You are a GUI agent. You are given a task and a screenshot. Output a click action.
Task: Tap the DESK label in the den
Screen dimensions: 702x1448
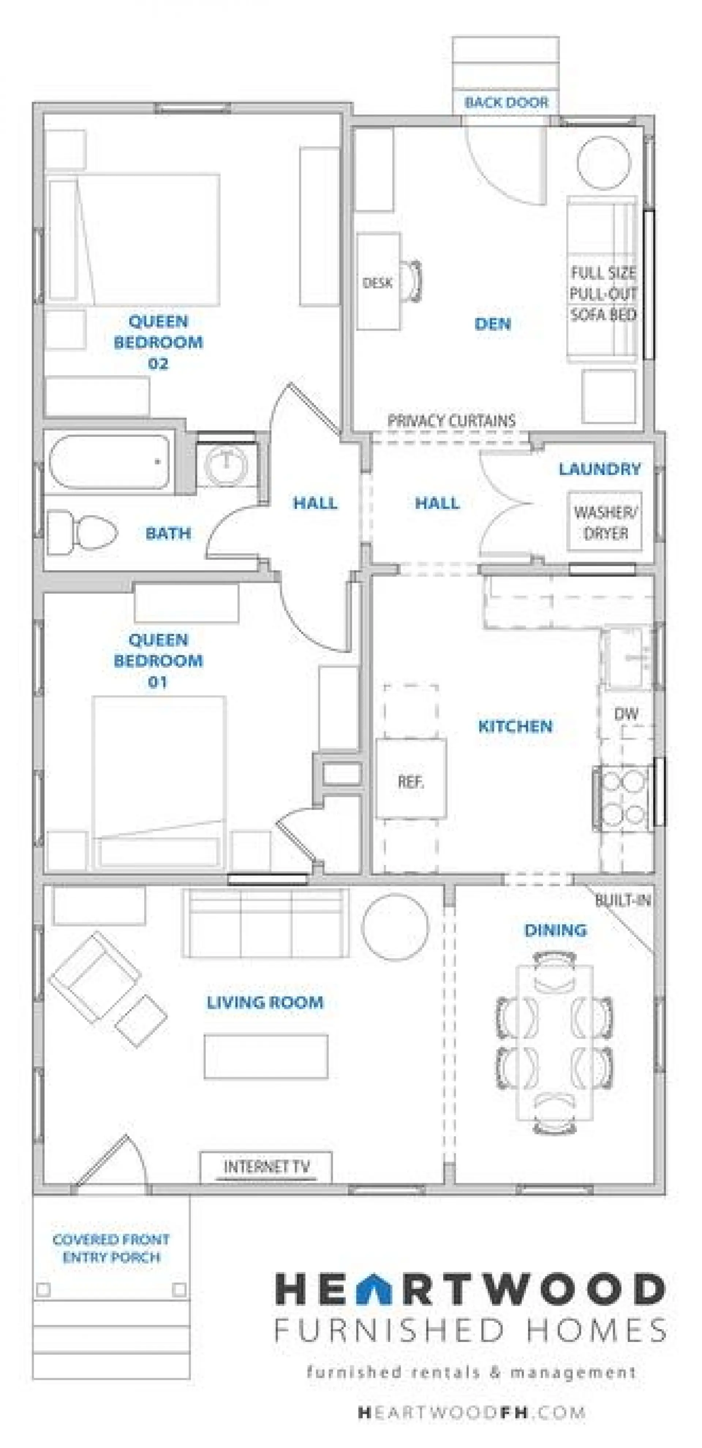point(377,283)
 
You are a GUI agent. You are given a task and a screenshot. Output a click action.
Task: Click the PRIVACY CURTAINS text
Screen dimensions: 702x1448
point(451,420)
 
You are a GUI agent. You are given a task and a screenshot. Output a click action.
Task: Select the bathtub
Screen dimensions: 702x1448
point(109,462)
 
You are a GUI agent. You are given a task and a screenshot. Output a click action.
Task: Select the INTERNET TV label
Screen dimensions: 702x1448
point(267,1167)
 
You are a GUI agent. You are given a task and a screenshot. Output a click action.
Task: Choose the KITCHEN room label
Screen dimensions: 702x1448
point(515,726)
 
